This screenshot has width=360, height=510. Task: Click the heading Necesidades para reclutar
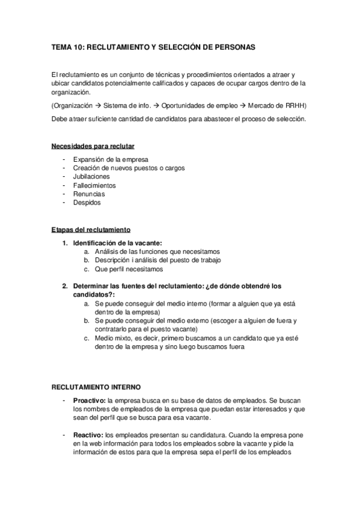click(x=93, y=146)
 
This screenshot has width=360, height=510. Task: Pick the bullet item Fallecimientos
click(x=95, y=186)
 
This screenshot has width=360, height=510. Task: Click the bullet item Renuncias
click(x=89, y=194)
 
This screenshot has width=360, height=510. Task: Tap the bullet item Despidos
click(x=87, y=203)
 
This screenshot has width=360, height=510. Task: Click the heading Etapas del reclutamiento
click(x=91, y=230)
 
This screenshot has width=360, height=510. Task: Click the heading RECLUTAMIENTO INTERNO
click(x=96, y=388)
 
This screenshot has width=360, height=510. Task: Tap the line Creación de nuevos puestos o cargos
click(x=129, y=168)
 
